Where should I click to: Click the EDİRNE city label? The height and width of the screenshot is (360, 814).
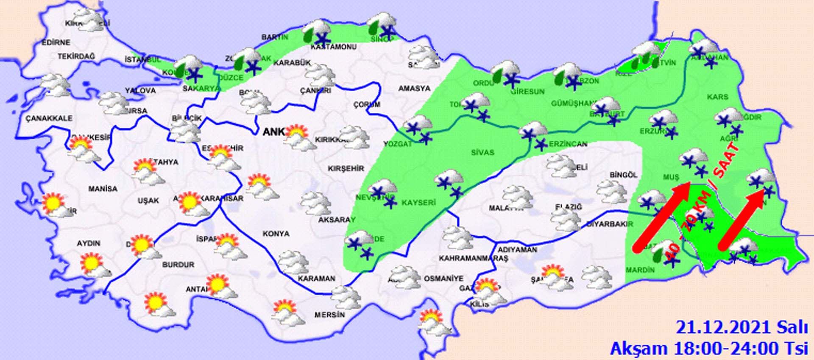tap(56, 42)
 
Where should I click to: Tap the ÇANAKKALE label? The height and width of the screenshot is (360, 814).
tap(49, 118)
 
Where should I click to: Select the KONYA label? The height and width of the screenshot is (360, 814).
tap(276, 234)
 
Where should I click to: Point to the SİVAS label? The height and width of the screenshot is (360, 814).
tap(482, 152)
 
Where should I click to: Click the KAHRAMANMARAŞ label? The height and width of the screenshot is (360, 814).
tap(473, 258)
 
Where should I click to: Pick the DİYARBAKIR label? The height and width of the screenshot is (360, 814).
tap(610, 224)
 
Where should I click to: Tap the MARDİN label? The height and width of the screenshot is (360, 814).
tap(640, 270)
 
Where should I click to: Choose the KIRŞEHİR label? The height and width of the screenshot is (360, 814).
tap(346, 168)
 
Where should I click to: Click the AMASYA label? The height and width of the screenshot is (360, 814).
tap(414, 89)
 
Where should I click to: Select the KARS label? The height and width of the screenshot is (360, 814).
tap(717, 97)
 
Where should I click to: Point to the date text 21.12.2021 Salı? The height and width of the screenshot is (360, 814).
tap(742, 328)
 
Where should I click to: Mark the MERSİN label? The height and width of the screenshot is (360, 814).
tap(329, 315)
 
